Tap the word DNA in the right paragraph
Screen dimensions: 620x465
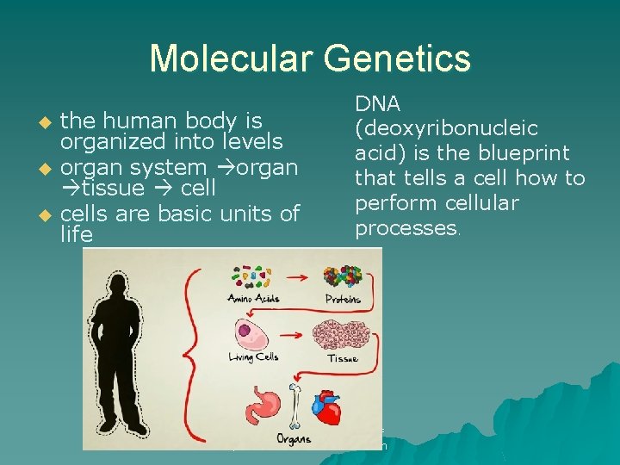(377, 104)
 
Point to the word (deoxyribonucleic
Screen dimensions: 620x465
(446, 129)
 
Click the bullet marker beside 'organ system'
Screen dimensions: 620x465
(48, 166)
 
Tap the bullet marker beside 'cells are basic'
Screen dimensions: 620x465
(48, 214)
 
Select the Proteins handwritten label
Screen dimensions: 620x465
(343, 300)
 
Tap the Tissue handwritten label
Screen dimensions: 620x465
(343, 358)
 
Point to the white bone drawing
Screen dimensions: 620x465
(295, 406)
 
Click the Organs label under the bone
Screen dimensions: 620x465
(294, 437)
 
